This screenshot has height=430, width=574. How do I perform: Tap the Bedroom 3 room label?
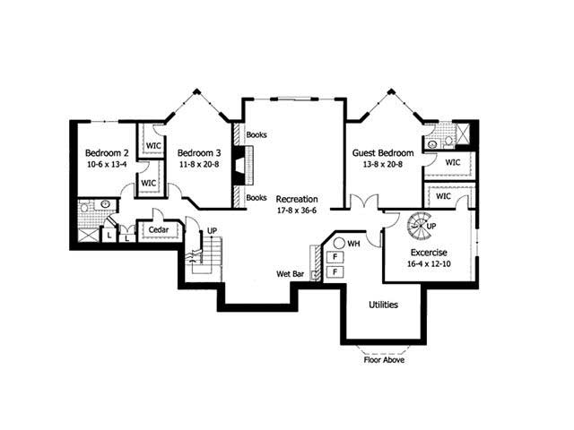click(x=198, y=153)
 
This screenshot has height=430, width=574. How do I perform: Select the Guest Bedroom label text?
click(x=383, y=153)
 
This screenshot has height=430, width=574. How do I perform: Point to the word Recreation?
click(x=297, y=198)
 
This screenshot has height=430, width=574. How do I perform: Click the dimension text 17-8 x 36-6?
click(x=297, y=211)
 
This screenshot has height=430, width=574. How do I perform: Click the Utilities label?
click(x=383, y=305)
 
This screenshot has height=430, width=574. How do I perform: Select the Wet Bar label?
click(x=290, y=273)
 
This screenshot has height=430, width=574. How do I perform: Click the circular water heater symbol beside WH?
click(x=341, y=243)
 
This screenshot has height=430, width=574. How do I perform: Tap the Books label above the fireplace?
click(x=256, y=136)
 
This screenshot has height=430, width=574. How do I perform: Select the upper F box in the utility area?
click(x=335, y=256)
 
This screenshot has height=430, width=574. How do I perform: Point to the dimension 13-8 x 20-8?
click(x=383, y=166)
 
